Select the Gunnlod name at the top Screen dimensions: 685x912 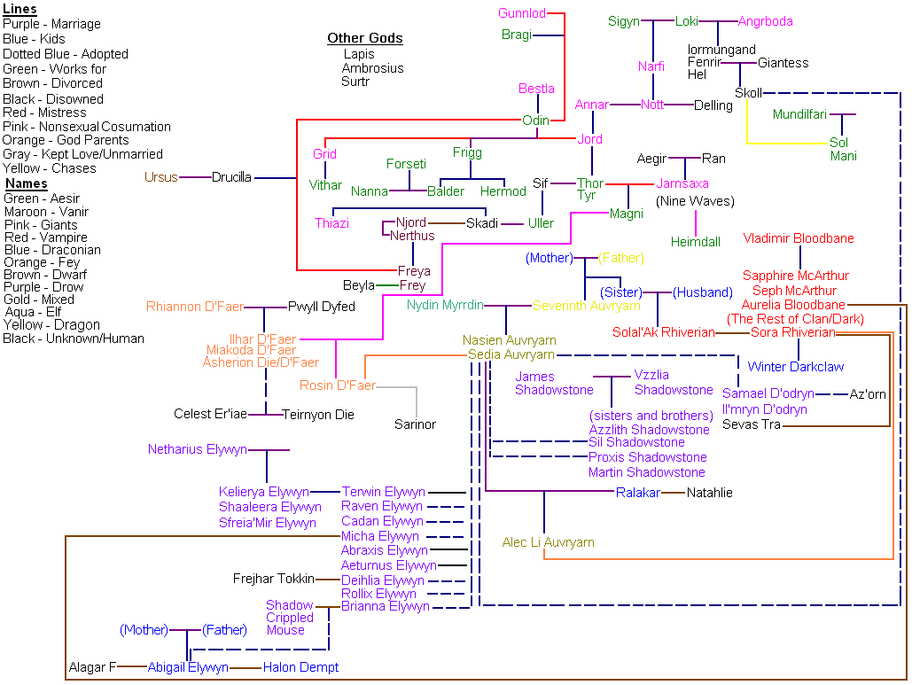point(522,13)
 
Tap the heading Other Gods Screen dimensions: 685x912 point(364,38)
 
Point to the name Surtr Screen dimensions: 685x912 point(355,82)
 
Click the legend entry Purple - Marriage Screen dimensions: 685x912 point(51,24)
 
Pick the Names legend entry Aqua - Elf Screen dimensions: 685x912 point(33,313)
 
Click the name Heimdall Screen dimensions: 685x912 point(695,241)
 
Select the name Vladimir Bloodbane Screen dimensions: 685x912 point(798,238)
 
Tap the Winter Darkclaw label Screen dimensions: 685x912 point(795,367)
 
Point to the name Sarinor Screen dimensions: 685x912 point(415,424)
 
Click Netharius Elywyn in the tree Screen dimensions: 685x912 point(197,449)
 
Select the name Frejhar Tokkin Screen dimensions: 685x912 point(273,579)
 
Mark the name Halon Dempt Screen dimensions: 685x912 point(300,667)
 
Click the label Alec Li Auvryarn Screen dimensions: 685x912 point(548,542)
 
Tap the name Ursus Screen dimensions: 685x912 point(161,177)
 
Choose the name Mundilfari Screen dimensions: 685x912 point(799,114)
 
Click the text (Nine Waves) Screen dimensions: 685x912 point(695,201)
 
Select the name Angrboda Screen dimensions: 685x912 point(765,21)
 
